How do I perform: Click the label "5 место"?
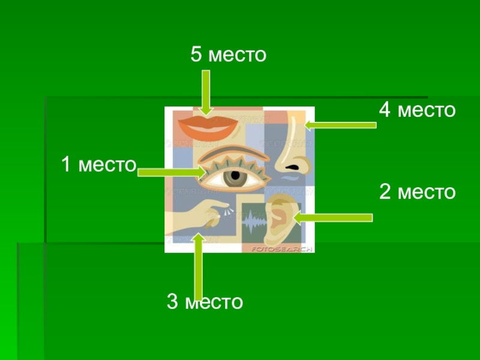228,55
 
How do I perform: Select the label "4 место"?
417,110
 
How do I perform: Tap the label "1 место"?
99,164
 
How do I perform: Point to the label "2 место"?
417,192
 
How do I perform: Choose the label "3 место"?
205,301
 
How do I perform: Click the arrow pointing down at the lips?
206,92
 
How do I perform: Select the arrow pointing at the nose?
340,125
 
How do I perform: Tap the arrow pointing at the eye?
172,172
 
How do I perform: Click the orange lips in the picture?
208,127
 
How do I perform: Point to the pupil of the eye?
235,177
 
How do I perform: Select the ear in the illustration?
280,217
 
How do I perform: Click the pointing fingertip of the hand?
216,207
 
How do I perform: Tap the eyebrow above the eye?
231,152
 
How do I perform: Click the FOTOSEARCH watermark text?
281,248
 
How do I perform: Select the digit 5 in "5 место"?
196,55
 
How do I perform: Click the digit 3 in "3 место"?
173,301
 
